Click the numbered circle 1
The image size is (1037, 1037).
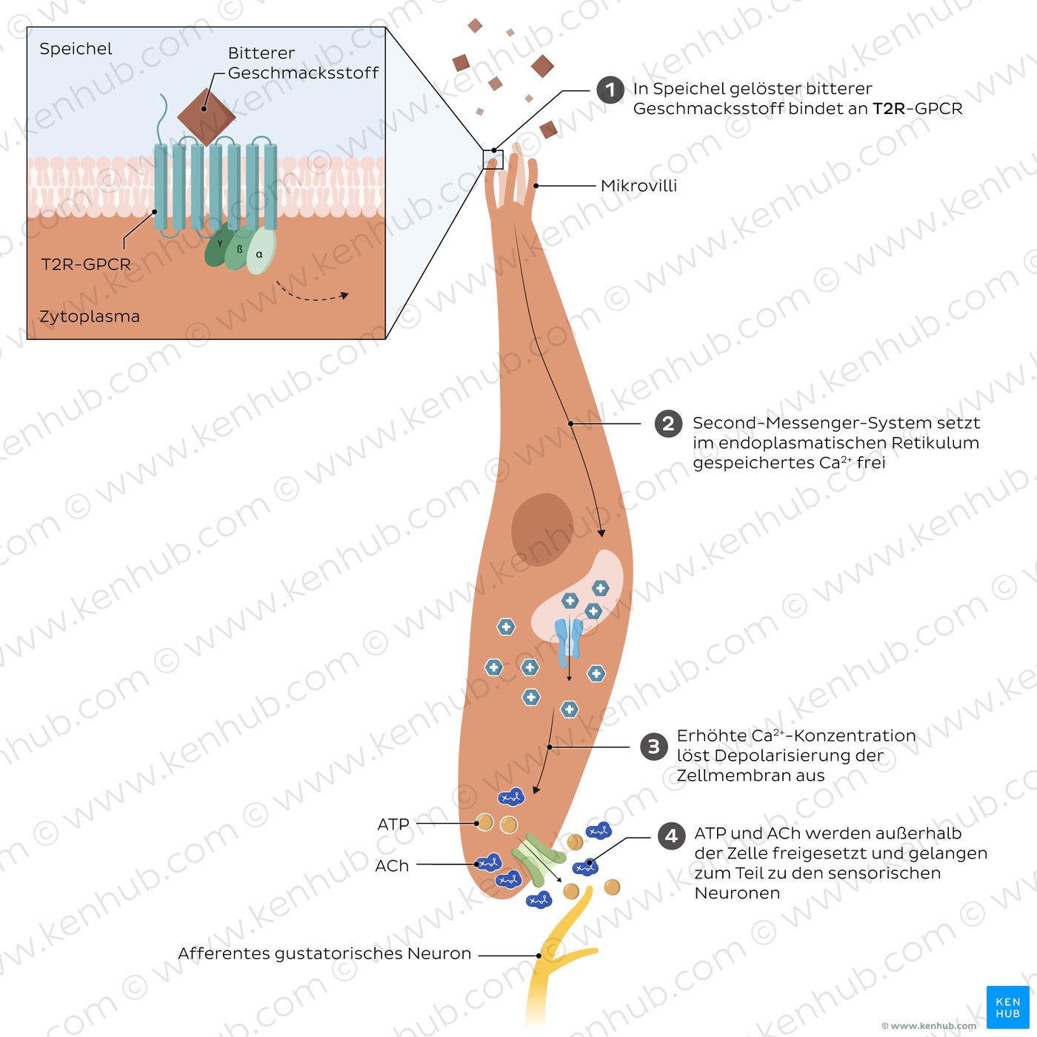tap(610, 90)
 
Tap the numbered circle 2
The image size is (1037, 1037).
tap(668, 424)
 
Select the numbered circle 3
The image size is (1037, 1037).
tap(653, 747)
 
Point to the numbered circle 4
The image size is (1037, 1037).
tap(671, 836)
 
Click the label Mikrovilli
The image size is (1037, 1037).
tap(638, 186)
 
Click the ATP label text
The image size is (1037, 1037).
tap(393, 824)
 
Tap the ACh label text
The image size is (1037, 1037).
tap(392, 866)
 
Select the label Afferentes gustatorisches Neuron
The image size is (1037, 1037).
tap(324, 954)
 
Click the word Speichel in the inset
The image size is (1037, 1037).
tap(76, 49)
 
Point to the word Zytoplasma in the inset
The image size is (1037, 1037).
tap(89, 316)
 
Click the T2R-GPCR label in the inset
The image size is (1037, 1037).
tap(86, 264)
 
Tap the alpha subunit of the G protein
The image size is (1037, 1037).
tap(260, 252)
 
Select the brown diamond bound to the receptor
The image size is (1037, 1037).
tap(206, 116)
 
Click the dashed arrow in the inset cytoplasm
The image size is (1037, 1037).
tap(311, 295)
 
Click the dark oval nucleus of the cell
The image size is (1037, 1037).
tap(542, 529)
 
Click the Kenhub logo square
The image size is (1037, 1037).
tap(1007, 1007)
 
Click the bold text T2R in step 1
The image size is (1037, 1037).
tap(889, 109)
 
